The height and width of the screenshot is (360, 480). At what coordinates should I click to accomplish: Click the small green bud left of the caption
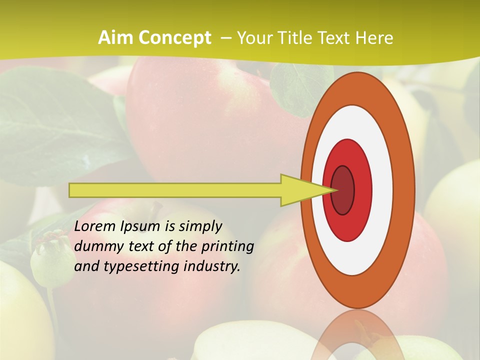pos(51,257)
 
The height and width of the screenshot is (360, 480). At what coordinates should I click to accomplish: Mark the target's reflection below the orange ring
pos(357,335)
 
